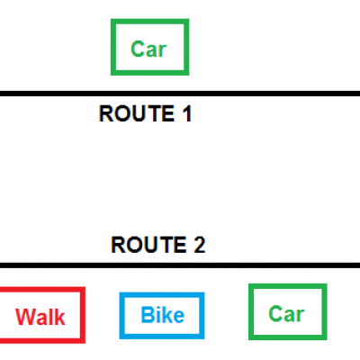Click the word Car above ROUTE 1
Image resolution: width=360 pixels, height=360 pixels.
point(148,49)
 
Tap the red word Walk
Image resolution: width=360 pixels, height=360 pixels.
point(40,317)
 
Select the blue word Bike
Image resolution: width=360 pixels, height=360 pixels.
point(163,315)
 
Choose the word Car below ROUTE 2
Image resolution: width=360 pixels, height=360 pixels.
point(286,314)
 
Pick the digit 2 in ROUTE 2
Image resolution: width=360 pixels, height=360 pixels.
point(200,245)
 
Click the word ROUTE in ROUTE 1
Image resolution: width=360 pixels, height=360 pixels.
point(137,113)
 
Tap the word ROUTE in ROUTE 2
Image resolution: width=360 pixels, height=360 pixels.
point(148,245)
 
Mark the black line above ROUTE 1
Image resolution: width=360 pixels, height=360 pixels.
point(180,94)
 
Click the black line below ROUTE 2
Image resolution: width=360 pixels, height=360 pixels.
point(180,265)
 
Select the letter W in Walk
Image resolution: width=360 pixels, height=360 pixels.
point(26,317)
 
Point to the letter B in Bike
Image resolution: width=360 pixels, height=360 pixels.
point(148,315)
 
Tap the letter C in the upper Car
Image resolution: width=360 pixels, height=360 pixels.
point(138,49)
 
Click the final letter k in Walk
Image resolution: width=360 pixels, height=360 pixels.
point(59,317)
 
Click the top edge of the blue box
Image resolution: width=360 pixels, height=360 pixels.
point(162,295)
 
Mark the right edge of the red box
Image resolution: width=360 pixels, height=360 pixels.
point(83,315)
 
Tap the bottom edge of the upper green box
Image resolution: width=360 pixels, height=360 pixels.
point(150,73)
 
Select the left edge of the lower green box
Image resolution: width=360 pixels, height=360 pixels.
point(251,312)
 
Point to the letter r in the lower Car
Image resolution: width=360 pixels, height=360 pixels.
point(300,316)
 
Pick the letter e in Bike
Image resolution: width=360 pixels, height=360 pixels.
point(179,317)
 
